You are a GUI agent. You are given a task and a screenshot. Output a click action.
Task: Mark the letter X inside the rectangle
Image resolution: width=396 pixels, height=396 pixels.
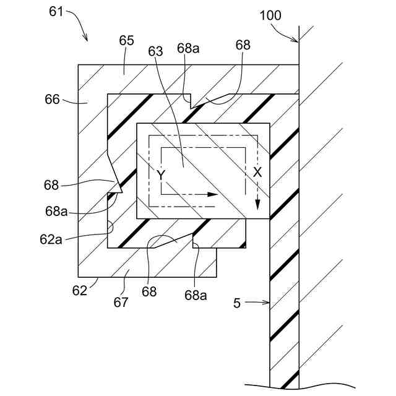(257, 174)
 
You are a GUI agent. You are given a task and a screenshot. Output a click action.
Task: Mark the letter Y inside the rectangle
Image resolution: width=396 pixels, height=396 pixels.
(161, 175)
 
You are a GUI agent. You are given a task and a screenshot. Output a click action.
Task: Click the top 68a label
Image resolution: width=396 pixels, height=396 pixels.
(187, 48)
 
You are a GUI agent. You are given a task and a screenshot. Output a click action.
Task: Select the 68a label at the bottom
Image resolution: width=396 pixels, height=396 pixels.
(196, 295)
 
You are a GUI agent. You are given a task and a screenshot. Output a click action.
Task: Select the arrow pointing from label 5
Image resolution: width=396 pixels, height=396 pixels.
(259, 303)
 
